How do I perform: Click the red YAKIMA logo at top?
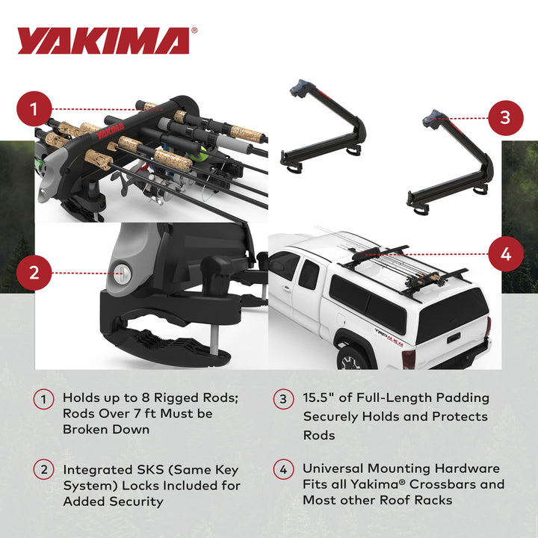point(104,41)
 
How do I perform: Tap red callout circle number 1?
point(34,111)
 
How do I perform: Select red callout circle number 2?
point(34,273)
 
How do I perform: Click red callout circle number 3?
point(505,117)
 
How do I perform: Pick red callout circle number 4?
point(505,254)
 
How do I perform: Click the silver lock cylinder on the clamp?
point(122,273)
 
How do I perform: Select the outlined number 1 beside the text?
point(43,399)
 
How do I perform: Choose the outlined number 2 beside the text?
point(43,470)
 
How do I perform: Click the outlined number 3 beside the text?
point(283,399)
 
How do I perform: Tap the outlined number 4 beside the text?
point(283,470)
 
